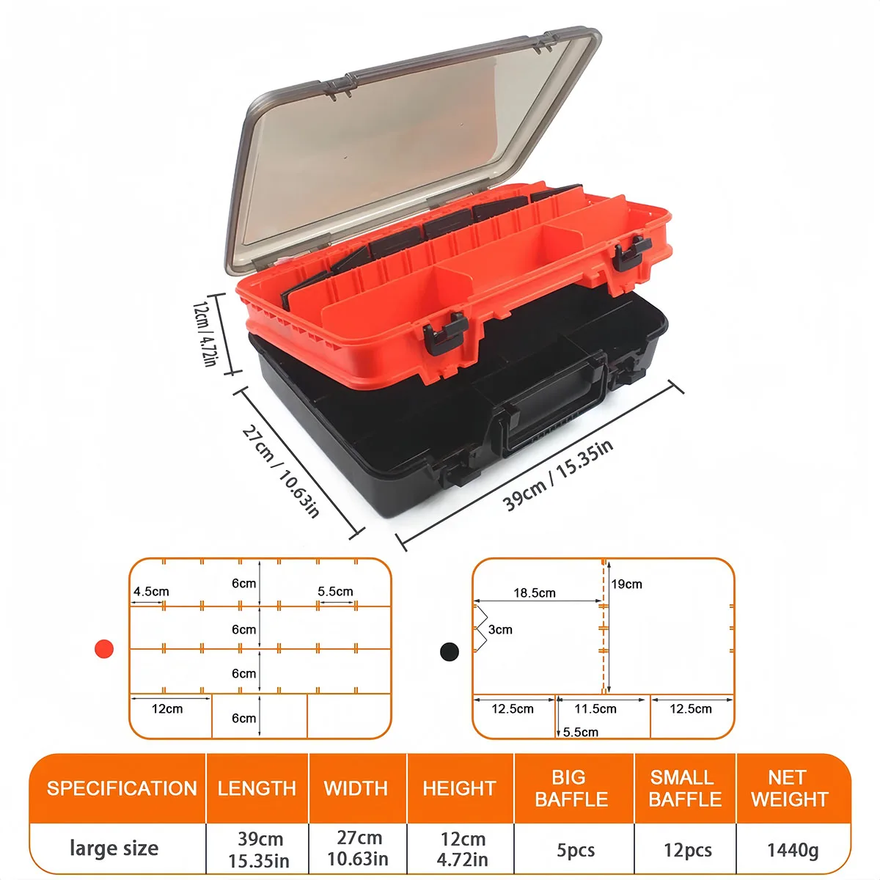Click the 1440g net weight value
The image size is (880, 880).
[793, 850]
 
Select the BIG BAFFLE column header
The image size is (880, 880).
[571, 788]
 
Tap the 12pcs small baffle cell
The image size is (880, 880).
[687, 850]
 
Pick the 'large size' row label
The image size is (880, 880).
[114, 848]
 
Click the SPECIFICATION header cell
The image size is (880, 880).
[122, 788]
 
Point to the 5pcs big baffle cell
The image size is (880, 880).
[576, 850]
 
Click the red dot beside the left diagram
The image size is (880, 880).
[104, 648]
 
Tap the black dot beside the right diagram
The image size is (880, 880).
[450, 650]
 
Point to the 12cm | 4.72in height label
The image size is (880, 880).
[205, 332]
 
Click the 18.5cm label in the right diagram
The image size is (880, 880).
[535, 593]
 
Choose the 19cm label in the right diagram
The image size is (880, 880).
[627, 584]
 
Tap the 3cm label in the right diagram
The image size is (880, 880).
[500, 629]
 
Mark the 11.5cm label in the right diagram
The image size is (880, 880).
[595, 709]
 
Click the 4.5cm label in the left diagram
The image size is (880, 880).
[151, 592]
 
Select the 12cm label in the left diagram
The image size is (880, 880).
[167, 709]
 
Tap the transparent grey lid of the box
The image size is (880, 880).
[411, 147]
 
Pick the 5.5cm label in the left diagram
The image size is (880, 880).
[335, 592]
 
